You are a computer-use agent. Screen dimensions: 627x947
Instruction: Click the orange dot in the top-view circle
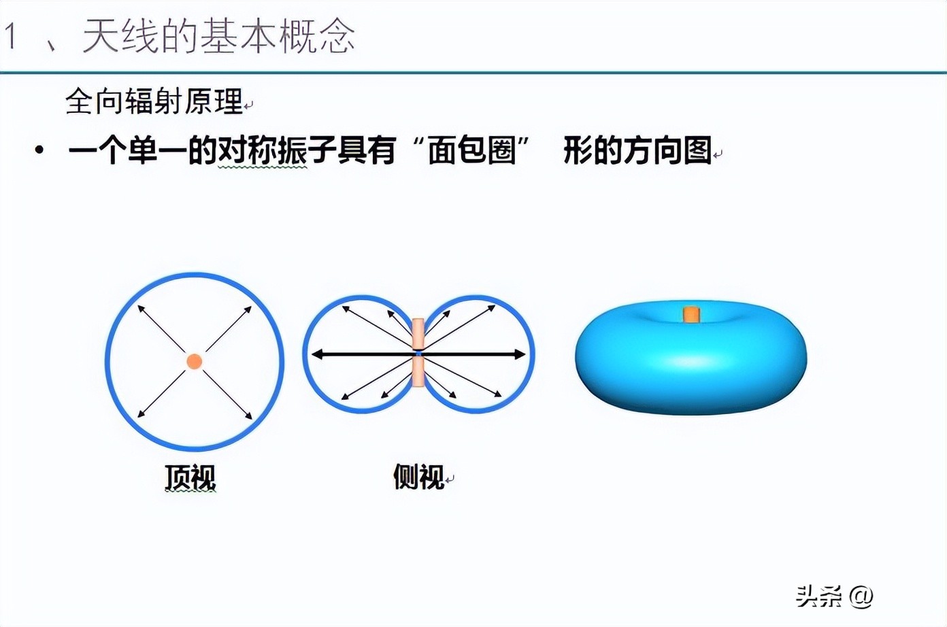194,361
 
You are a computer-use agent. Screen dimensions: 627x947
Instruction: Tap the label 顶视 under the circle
190,477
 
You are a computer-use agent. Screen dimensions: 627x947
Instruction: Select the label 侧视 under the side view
418,477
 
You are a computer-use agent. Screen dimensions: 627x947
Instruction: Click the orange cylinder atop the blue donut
691,314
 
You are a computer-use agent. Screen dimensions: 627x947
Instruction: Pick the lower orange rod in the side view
418,371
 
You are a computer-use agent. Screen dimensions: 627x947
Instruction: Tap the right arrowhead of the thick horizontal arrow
520,354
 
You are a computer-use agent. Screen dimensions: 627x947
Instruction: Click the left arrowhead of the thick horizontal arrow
316,354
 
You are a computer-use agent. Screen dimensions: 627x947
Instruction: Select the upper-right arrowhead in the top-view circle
249,309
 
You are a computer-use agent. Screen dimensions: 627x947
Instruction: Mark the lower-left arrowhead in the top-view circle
141,414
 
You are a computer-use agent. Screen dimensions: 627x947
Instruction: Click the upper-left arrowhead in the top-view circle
141,309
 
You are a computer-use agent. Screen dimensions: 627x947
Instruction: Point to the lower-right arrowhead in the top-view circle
249,415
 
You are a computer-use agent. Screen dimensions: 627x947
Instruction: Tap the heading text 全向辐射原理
154,102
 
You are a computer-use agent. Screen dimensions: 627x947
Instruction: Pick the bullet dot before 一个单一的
39,150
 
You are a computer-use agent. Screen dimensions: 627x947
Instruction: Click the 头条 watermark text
819,596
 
